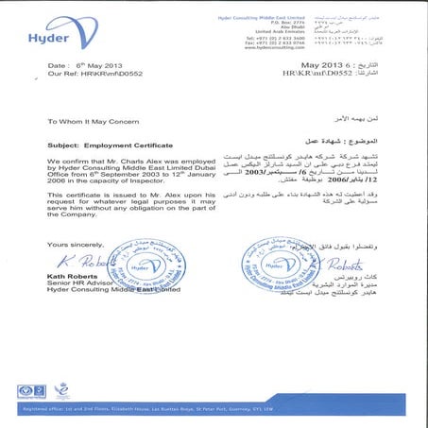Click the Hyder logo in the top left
(43, 34)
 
